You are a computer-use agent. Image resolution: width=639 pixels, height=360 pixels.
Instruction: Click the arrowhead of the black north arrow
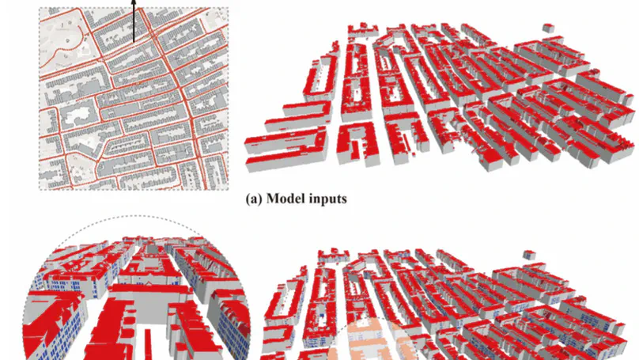point(134,3)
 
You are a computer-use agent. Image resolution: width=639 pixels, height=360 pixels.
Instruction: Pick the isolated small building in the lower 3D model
point(527,256)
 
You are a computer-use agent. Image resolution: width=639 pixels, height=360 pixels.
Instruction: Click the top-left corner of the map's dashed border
point(40,9)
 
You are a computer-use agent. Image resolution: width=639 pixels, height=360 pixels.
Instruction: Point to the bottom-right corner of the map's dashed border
point(229,190)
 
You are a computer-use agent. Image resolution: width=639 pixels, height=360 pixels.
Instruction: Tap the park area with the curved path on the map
point(67,44)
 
